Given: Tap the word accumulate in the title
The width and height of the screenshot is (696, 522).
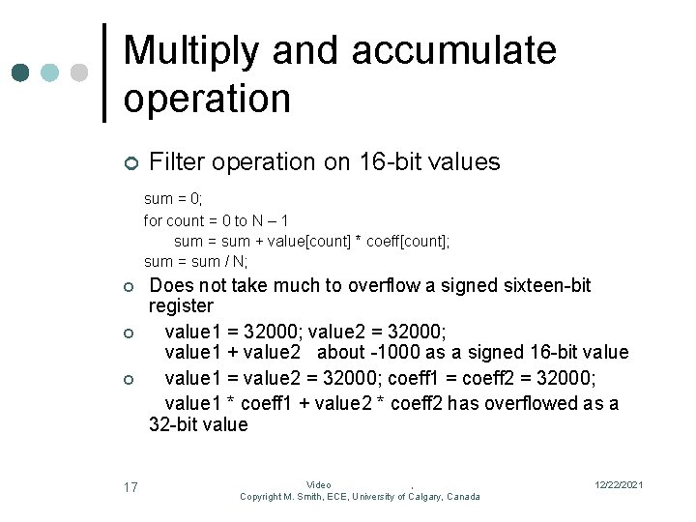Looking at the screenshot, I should pyautogui.click(x=454, y=50).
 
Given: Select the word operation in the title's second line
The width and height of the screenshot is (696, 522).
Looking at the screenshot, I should pyautogui.click(x=207, y=98).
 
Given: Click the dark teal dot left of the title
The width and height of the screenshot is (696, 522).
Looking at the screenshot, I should pyautogui.click(x=21, y=72).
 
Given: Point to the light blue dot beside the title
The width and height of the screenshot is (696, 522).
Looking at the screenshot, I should pyautogui.click(x=50, y=72).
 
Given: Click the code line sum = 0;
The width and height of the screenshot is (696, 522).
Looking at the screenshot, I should pyautogui.click(x=173, y=199).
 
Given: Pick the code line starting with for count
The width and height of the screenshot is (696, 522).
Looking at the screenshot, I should pyautogui.click(x=216, y=220).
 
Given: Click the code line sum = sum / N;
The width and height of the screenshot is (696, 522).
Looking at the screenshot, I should pyautogui.click(x=195, y=261).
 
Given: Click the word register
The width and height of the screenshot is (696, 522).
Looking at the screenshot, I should pyautogui.click(x=180, y=306).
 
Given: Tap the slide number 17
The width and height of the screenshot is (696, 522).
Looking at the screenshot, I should pyautogui.click(x=130, y=487).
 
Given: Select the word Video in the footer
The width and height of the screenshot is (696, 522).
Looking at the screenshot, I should pyautogui.click(x=318, y=484).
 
